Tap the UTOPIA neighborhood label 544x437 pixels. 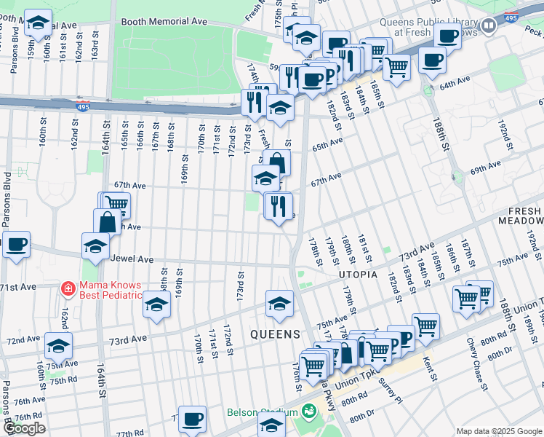click(x=358, y=275)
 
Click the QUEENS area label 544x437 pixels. click(x=275, y=334)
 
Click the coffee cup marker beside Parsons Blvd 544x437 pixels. click(x=16, y=244)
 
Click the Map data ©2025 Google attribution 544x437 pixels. click(x=499, y=431)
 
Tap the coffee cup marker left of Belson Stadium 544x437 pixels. click(x=193, y=419)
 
